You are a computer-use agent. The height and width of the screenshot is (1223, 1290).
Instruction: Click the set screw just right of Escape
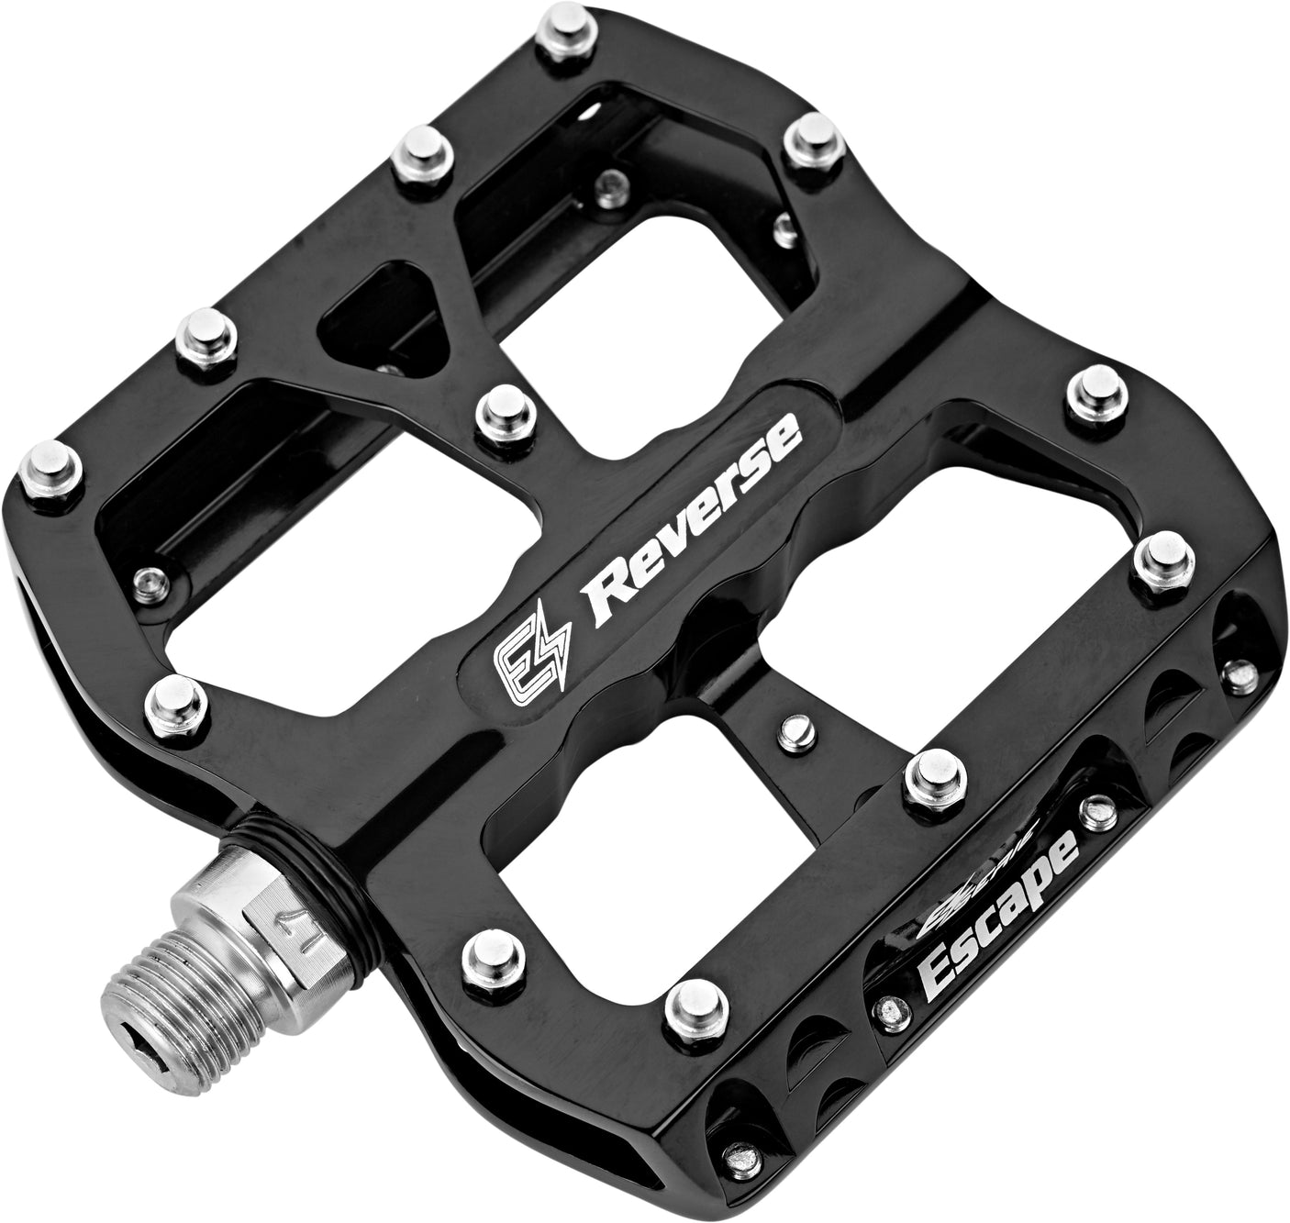1094,808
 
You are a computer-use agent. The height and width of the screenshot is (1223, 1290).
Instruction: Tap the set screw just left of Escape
889,1009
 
